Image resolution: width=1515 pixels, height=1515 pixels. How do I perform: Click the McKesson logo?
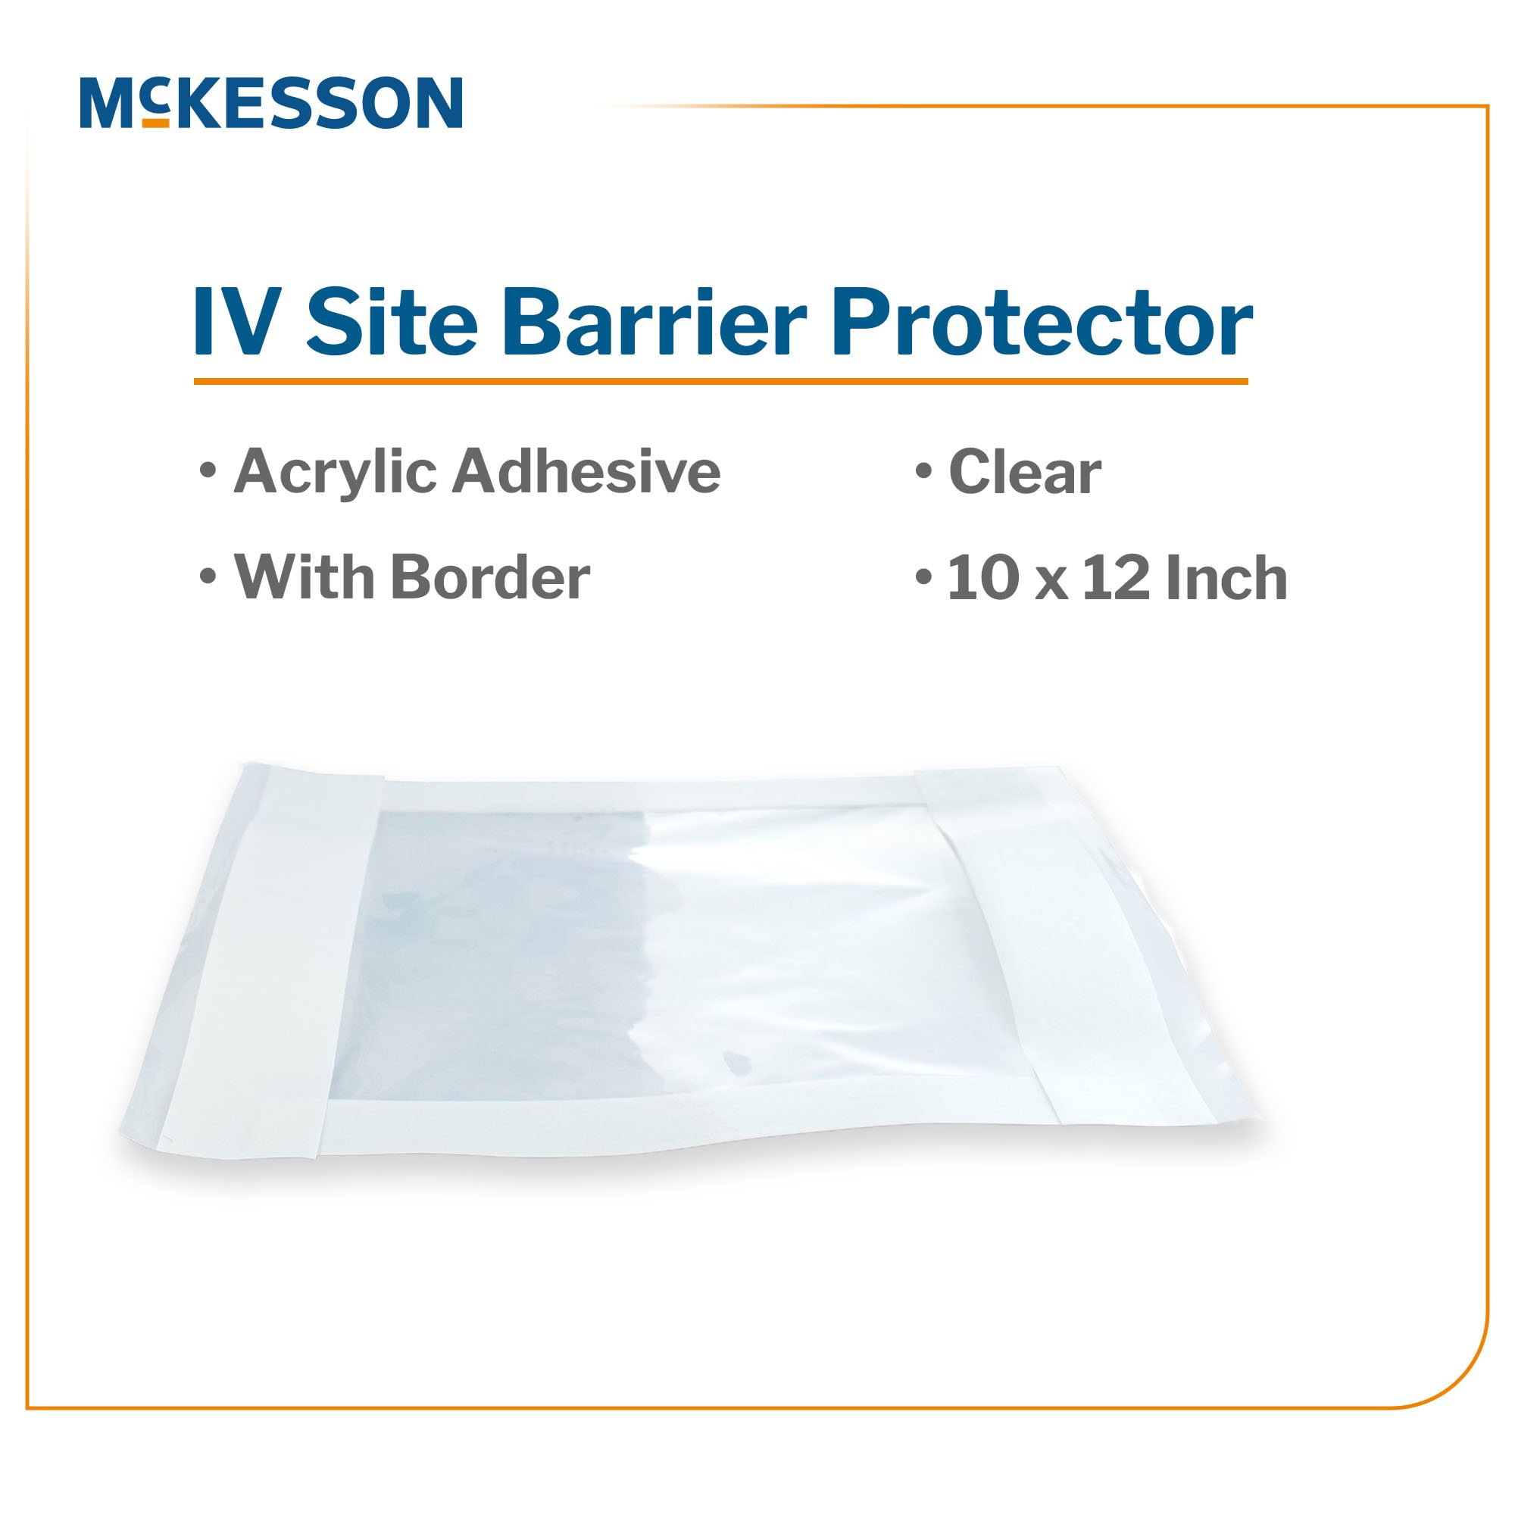tap(270, 102)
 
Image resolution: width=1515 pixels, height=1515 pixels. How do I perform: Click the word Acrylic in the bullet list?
tap(333, 473)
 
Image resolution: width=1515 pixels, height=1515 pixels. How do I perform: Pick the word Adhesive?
tap(586, 472)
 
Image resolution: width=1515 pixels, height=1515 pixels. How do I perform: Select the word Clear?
tap(1026, 473)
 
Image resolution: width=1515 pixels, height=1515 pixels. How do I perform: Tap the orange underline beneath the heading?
tap(720, 382)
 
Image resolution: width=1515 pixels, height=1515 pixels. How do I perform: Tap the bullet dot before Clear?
tap(923, 472)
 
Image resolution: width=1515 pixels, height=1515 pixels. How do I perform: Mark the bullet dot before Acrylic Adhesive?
tap(208, 472)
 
